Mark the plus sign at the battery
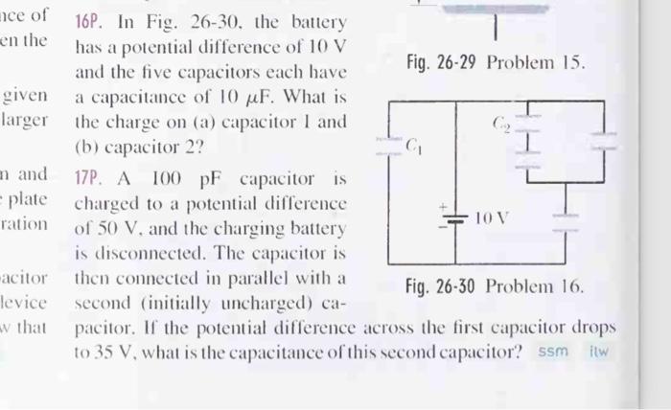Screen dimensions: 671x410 (443, 205)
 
